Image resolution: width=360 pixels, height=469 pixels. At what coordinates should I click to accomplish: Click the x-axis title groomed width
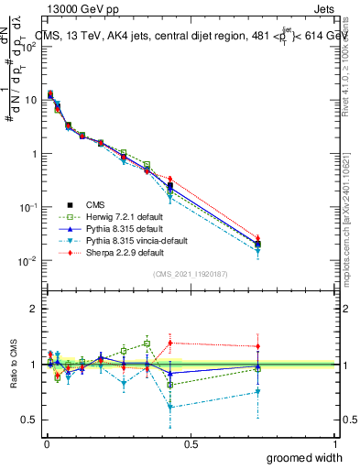tap(305, 457)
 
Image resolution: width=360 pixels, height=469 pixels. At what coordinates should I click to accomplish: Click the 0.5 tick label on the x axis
tap(191, 444)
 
